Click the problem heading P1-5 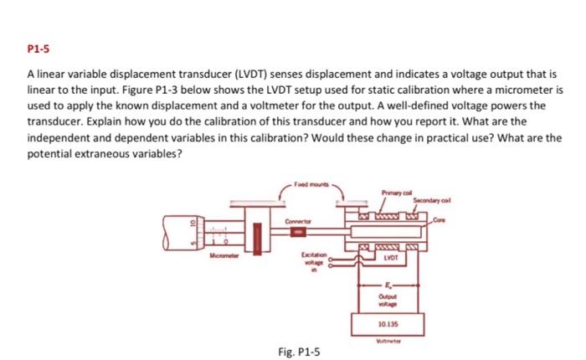coord(39,49)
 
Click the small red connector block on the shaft coord(300,226)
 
